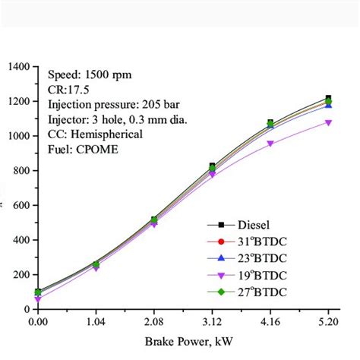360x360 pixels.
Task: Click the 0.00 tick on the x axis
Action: [37, 322]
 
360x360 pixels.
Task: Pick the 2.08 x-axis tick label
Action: [154, 322]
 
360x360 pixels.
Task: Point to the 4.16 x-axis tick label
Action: [270, 322]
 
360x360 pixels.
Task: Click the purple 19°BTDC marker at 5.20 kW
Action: [329, 122]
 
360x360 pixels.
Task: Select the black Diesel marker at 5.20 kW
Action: [329, 98]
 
